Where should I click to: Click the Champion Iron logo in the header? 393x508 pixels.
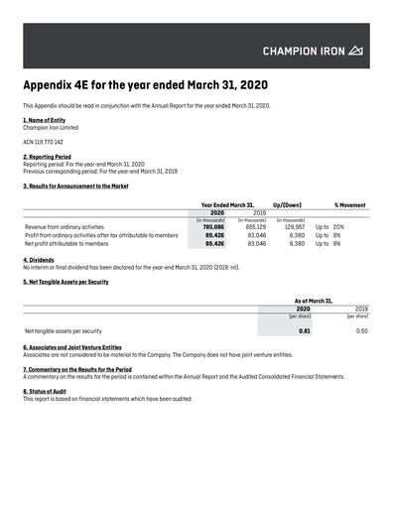click(313, 50)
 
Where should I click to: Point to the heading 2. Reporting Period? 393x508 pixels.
click(52, 157)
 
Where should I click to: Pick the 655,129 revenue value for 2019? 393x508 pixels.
click(256, 227)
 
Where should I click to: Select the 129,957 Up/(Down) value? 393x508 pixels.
click(294, 227)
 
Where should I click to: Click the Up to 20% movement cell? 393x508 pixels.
click(329, 227)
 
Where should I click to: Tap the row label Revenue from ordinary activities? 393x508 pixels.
click(65, 227)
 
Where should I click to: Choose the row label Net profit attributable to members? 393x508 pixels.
click(66, 243)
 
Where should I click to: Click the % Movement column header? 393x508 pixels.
click(350, 204)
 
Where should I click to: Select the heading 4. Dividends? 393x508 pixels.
click(39, 260)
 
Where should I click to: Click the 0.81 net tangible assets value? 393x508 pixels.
click(305, 330)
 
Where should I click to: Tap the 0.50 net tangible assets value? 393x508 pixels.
click(361, 330)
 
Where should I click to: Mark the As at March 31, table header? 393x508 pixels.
click(314, 301)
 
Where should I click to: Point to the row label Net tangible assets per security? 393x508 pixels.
click(64, 330)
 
